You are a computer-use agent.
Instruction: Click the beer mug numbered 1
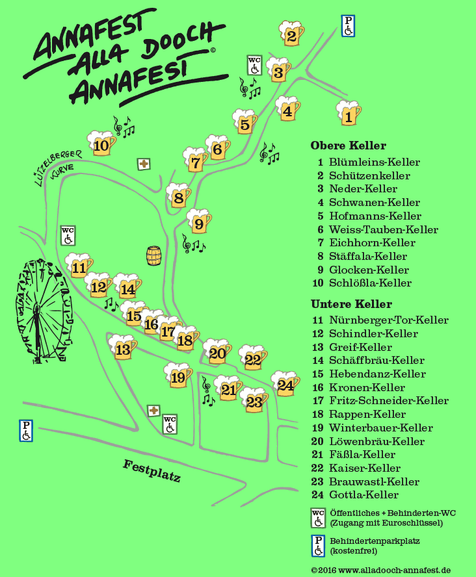pyautogui.click(x=349, y=114)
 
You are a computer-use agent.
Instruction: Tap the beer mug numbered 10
pyautogui.click(x=101, y=144)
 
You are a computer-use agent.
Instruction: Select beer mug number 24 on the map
pyautogui.click(x=285, y=384)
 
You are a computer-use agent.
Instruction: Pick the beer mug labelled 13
pyautogui.click(x=122, y=348)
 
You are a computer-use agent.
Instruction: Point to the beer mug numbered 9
pyautogui.click(x=199, y=222)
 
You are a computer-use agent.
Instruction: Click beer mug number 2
pyautogui.click(x=291, y=33)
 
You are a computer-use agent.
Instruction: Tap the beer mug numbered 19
pyautogui.click(x=178, y=376)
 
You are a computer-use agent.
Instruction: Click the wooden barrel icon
pyautogui.click(x=153, y=255)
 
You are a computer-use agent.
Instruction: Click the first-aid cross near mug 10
pyautogui.click(x=144, y=164)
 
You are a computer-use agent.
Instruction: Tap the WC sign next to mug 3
pyautogui.click(x=254, y=65)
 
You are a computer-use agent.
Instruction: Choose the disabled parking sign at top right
pyautogui.click(x=349, y=26)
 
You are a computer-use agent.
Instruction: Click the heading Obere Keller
pyautogui.click(x=348, y=146)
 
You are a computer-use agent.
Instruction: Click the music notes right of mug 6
pyautogui.click(x=269, y=153)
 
